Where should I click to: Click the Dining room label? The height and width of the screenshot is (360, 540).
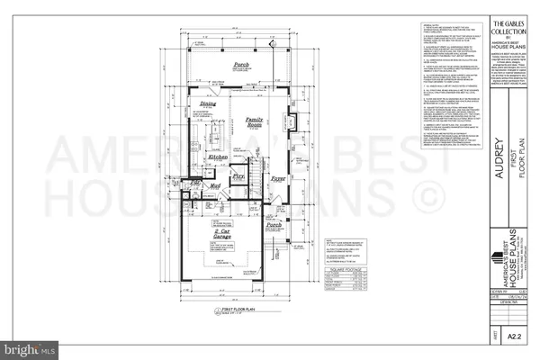tap(208, 103)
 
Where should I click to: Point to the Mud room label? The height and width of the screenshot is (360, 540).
tap(216, 187)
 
